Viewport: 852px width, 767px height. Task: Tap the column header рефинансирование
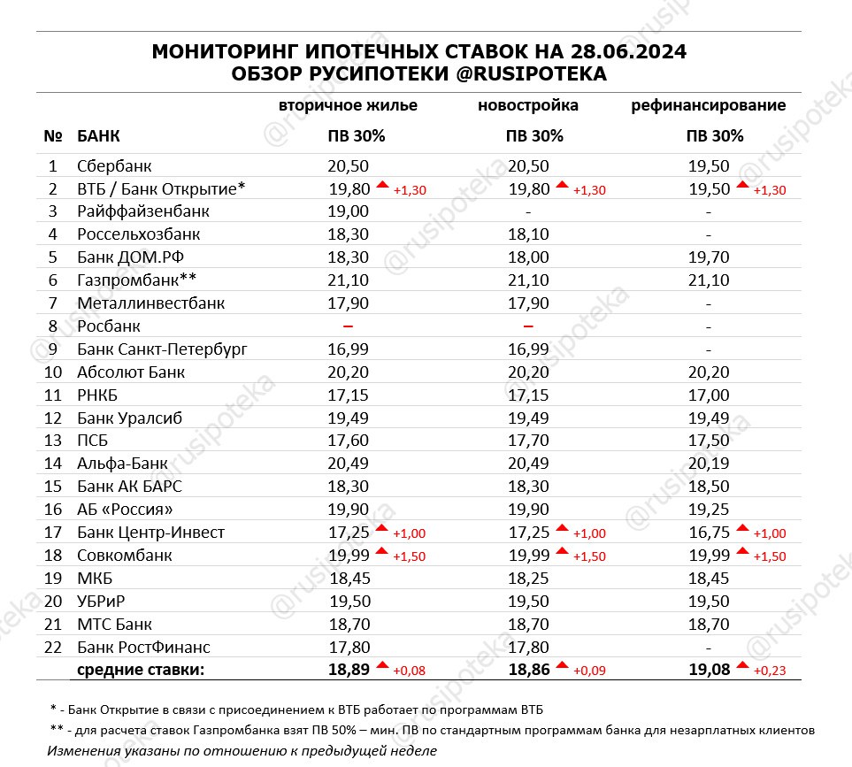pyautogui.click(x=708, y=105)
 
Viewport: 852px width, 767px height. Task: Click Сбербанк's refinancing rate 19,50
pyautogui.click(x=709, y=165)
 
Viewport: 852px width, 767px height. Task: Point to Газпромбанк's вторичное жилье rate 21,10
pyautogui.click(x=348, y=280)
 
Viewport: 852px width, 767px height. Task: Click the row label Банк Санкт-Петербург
pyautogui.click(x=162, y=349)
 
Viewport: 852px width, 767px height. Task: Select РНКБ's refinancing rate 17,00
pyautogui.click(x=709, y=395)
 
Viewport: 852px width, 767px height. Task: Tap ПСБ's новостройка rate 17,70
pyautogui.click(x=528, y=441)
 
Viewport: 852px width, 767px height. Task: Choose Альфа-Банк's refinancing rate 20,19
pyautogui.click(x=709, y=464)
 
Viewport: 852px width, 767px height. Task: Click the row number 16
pyautogui.click(x=53, y=510)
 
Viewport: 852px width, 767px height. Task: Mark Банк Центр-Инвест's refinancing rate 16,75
pyautogui.click(x=709, y=533)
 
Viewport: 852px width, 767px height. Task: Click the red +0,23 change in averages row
pyautogui.click(x=769, y=671)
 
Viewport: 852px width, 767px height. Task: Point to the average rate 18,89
pyautogui.click(x=348, y=670)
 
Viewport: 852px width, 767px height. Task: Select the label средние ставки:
pyautogui.click(x=141, y=670)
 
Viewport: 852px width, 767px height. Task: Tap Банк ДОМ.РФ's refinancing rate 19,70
pyautogui.click(x=709, y=257)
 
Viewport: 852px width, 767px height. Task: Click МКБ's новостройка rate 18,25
pyautogui.click(x=528, y=579)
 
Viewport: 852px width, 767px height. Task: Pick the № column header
pyautogui.click(x=52, y=137)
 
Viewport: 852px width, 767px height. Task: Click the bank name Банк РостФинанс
pyautogui.click(x=143, y=648)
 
